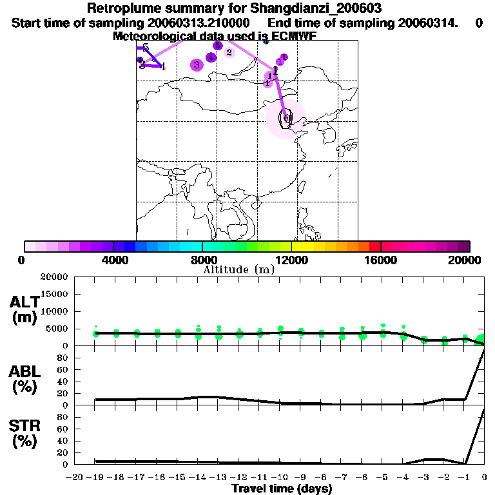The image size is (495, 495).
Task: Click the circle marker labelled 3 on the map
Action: (197, 64)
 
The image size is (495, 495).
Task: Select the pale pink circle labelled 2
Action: (229, 53)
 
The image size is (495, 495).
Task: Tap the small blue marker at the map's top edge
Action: (266, 41)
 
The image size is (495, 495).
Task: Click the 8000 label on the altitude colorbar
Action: (202, 260)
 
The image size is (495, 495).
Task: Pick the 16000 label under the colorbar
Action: (381, 260)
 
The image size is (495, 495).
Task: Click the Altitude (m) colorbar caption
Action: (238, 269)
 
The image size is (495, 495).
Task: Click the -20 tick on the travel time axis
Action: (75, 478)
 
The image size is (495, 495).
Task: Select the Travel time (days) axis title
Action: (282, 489)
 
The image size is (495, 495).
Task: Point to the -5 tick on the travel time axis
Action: (383, 478)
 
